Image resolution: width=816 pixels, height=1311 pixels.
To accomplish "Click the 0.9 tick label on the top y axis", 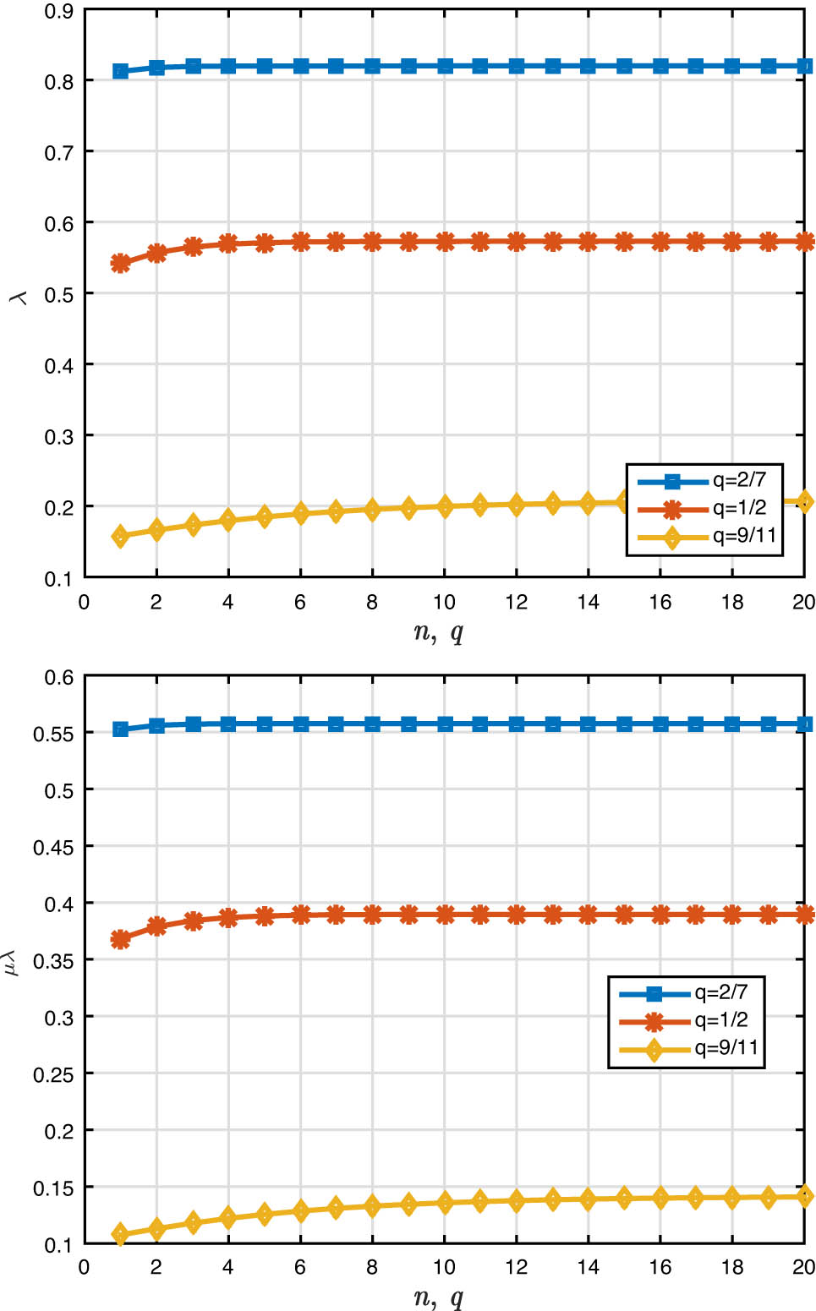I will tap(59, 12).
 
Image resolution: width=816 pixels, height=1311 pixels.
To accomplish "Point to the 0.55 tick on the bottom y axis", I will tap(54, 734).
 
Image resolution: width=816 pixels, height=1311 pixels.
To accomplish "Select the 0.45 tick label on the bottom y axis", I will tap(54, 847).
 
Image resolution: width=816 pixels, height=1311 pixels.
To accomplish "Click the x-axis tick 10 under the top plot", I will tap(445, 602).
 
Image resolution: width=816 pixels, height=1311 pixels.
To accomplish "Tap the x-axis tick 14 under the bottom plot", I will tap(589, 1267).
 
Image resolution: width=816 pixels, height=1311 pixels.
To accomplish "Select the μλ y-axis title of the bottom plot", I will tap(12, 962).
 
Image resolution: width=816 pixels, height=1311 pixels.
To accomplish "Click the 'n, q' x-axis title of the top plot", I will tap(439, 632).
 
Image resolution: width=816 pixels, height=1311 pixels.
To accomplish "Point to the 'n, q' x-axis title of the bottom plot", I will tap(439, 1297).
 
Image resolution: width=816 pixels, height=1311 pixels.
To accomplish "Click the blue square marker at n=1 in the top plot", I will tap(120, 72).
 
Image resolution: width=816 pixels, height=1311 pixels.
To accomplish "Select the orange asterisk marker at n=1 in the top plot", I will tap(120, 263).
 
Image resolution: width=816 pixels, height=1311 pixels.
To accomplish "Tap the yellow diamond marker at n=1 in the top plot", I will tap(120, 537).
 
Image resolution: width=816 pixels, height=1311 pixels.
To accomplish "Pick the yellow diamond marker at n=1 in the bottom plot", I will tap(120, 1234).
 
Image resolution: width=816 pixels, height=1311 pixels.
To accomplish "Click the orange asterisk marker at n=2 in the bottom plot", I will tap(156, 926).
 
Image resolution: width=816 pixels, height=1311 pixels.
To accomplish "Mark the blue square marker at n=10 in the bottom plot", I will tap(445, 724).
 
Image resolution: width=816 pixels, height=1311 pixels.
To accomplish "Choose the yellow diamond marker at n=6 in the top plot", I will tap(300, 513).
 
